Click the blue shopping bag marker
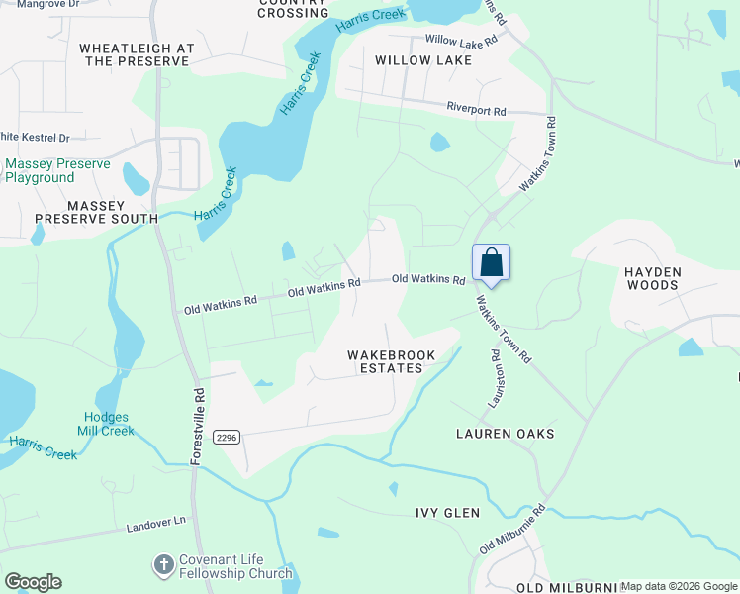click(x=492, y=264)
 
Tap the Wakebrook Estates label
click(x=385, y=361)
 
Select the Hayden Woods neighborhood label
click(x=651, y=278)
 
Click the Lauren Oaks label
click(x=505, y=434)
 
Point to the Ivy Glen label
click(x=447, y=513)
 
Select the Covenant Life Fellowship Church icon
click(x=163, y=565)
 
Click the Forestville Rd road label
click(x=199, y=422)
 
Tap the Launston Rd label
click(x=498, y=378)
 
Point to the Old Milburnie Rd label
click(x=512, y=531)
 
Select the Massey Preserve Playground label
click(x=41, y=170)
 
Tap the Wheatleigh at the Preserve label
click(x=137, y=54)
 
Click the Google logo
click(x=33, y=582)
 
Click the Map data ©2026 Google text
click(x=679, y=586)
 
